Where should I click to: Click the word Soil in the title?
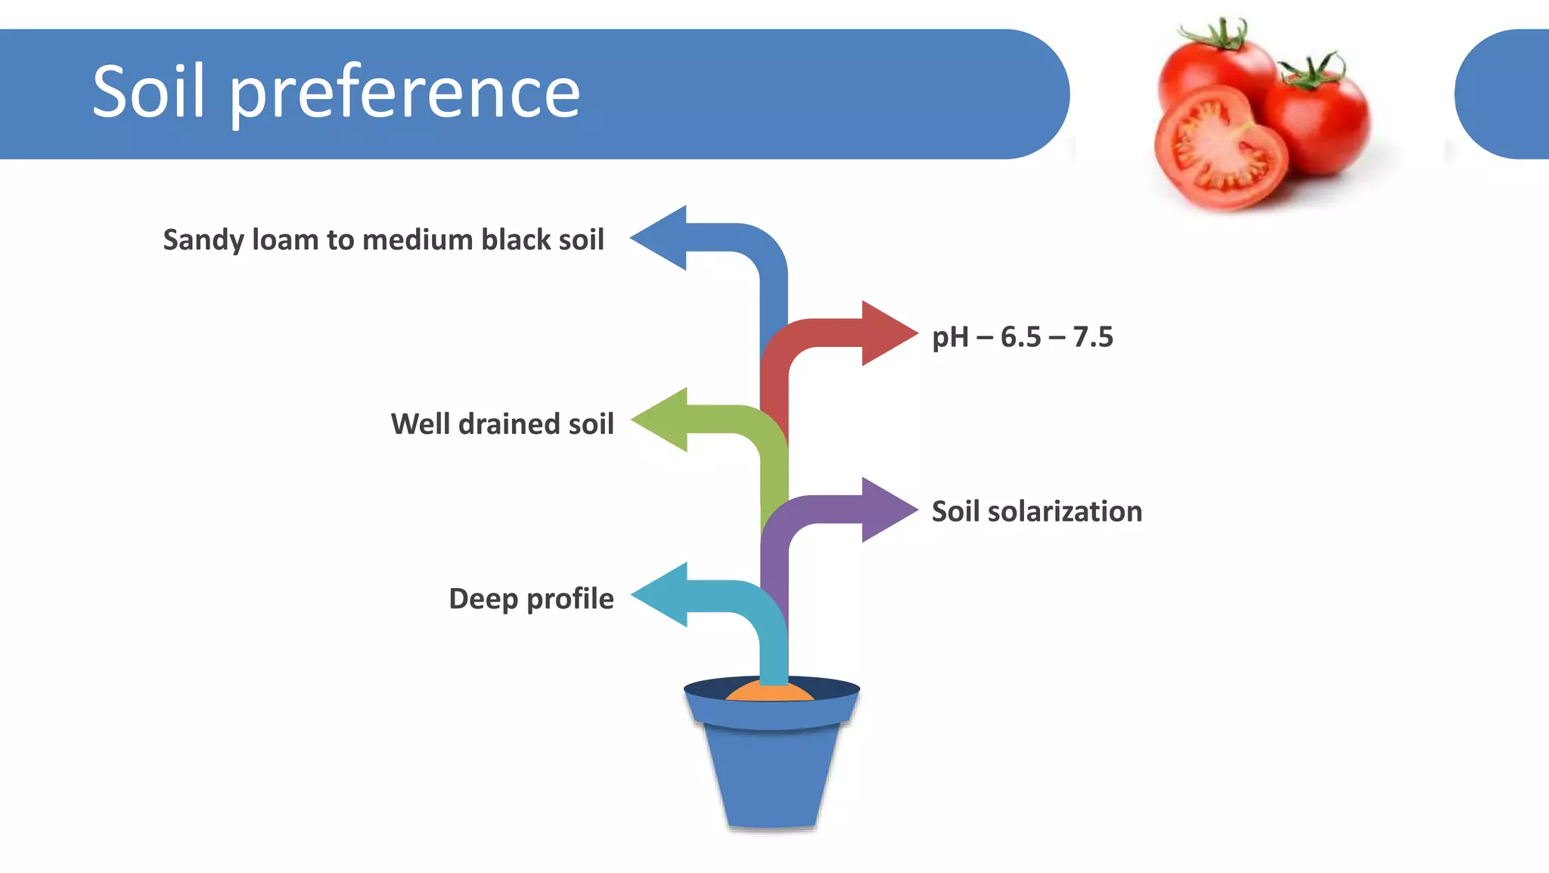coord(148,91)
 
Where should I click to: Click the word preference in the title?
coord(404,94)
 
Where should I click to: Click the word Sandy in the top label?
coord(203,240)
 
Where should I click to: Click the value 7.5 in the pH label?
coord(1093,337)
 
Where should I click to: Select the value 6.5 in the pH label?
coord(1020,337)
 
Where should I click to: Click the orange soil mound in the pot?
coord(769,692)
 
